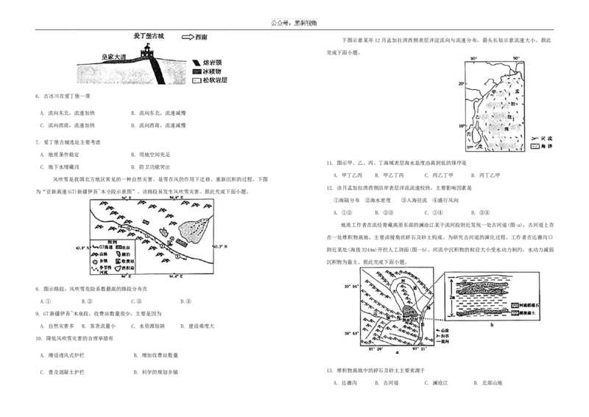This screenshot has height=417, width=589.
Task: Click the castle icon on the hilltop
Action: (x=147, y=52)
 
